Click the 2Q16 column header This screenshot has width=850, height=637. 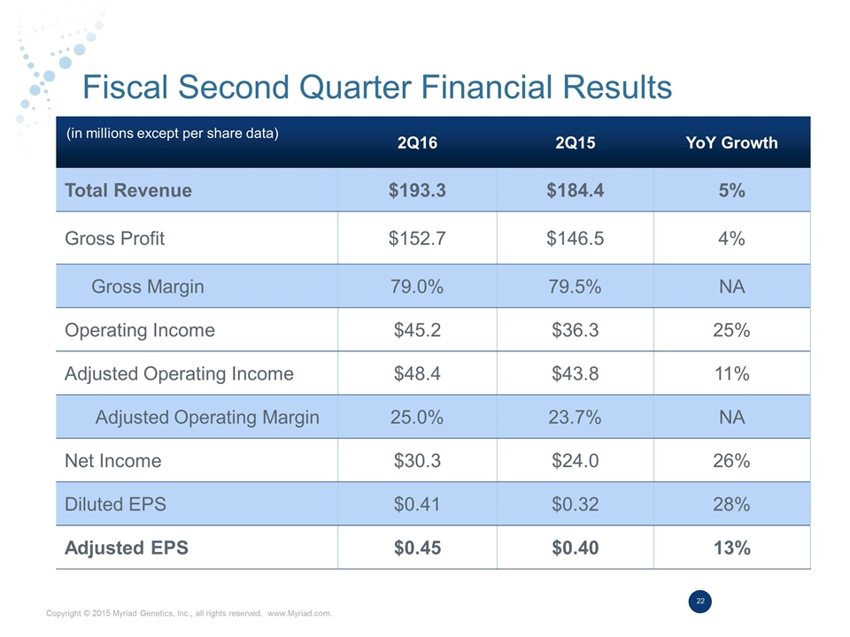coord(417,142)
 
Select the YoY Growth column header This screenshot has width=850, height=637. coord(731,142)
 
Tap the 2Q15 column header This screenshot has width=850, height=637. coord(575,142)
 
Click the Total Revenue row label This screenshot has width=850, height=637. coord(128,190)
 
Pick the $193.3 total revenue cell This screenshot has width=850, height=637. coord(417,190)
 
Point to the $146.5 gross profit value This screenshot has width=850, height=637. coord(575,238)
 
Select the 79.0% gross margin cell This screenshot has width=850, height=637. coord(417,286)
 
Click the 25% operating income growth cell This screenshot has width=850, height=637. coord(731,330)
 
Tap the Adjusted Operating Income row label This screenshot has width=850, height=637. coord(179,373)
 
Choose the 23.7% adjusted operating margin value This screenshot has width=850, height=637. coord(575,417)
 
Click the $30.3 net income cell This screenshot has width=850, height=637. coord(417,460)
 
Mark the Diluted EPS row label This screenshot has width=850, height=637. coord(115,504)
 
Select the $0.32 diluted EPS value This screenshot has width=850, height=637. coord(575,504)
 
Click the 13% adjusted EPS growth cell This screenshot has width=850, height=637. coord(731,548)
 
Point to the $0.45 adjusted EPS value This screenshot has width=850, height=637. coord(417,548)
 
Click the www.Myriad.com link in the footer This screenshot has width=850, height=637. coord(299,613)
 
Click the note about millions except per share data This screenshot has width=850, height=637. coord(174,134)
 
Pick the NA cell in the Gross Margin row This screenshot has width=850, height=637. coord(731,286)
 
